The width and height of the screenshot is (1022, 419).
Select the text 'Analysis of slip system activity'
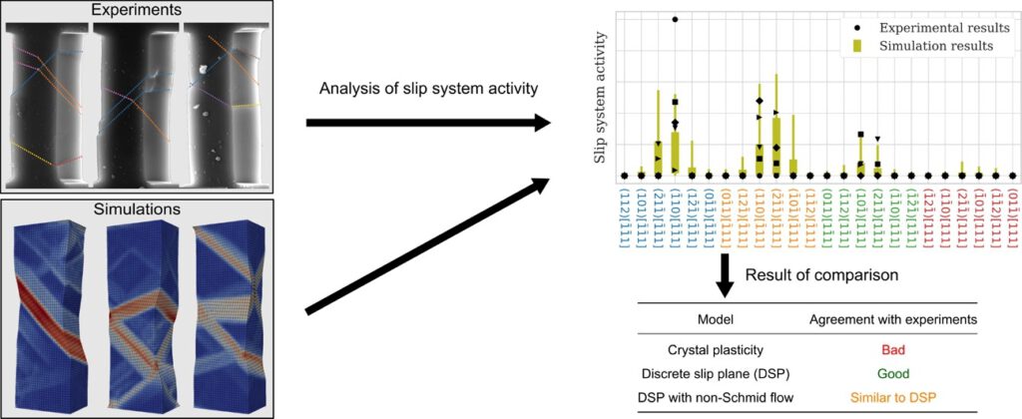point(428,89)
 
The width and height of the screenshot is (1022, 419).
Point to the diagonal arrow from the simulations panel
point(429,244)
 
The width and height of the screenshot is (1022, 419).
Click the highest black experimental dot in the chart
point(675,19)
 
